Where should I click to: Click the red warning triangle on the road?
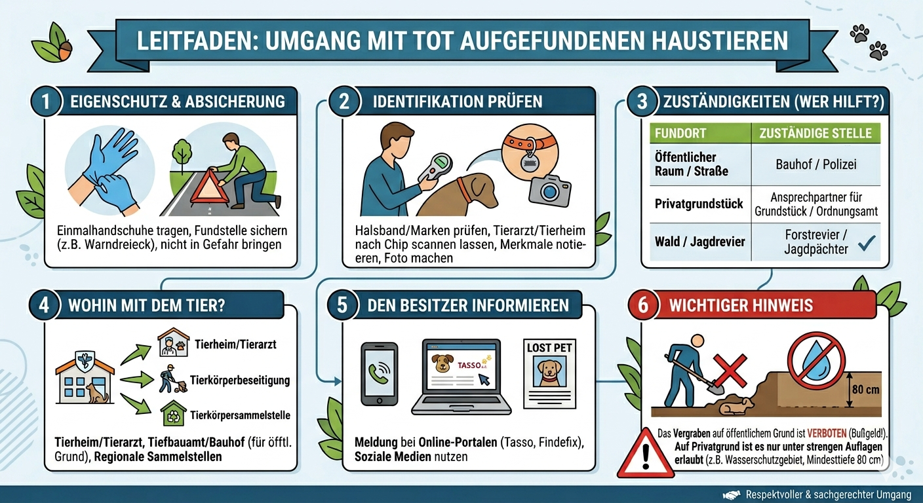click(209, 188)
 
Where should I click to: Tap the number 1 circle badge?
click(46, 102)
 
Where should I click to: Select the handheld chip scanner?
click(434, 168)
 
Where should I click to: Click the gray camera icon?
click(550, 190)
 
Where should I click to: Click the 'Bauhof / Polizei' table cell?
click(816, 164)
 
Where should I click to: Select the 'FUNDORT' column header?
click(680, 134)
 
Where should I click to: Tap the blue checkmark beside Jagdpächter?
click(867, 243)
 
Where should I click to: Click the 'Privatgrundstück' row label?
click(699, 204)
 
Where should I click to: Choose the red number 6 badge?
click(643, 305)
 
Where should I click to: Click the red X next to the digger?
click(730, 371)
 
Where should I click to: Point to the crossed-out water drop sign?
click(816, 362)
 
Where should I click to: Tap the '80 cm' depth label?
click(866, 390)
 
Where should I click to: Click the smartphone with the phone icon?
click(380, 374)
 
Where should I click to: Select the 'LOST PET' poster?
click(549, 374)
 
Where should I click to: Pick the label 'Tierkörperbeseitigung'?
click(240, 381)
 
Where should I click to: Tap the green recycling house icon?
click(174, 413)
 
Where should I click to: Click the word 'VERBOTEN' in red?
click(827, 434)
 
